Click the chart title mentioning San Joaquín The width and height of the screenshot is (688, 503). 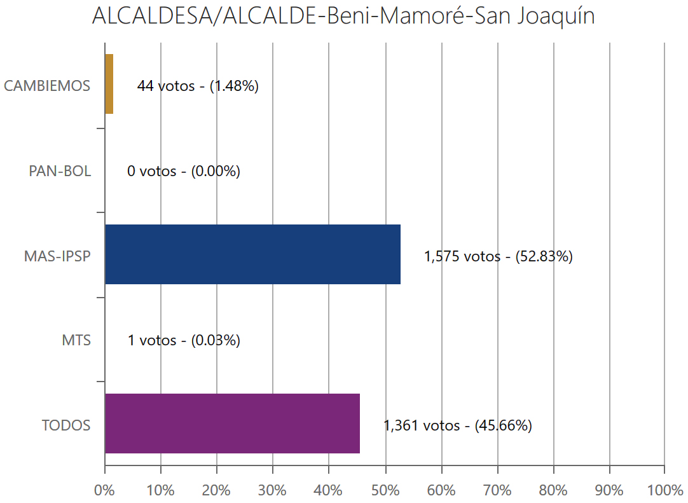[343, 16]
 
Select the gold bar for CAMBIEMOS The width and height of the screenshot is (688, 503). [109, 84]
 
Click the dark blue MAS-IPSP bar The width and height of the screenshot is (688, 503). [252, 254]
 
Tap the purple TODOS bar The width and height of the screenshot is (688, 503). [232, 424]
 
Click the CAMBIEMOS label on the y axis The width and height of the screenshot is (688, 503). [47, 86]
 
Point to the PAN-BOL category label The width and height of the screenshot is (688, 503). [60, 171]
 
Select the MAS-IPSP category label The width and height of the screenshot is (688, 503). [57, 256]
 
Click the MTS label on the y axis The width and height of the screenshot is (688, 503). [77, 341]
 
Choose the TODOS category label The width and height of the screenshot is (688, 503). [66, 425]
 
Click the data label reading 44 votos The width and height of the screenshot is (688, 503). [198, 86]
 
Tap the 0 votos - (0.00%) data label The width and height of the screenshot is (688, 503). [184, 171]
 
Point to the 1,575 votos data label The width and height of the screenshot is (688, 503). [499, 256]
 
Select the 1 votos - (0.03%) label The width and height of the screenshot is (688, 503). [184, 341]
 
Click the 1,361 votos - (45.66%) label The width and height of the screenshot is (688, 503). [458, 425]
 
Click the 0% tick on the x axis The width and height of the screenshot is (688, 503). [104, 490]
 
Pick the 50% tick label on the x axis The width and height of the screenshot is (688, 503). [385, 490]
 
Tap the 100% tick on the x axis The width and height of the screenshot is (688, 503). [664, 490]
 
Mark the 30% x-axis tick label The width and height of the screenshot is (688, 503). [273, 490]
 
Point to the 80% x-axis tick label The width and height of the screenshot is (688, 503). [553, 490]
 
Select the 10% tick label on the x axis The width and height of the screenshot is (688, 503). [160, 490]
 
